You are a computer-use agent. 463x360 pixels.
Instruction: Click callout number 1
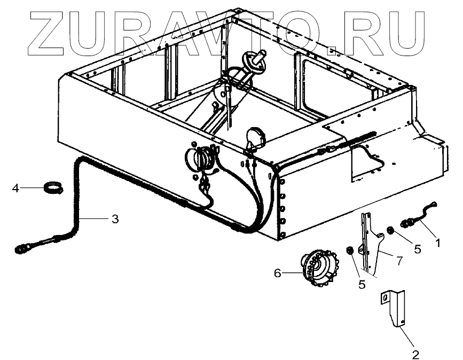437,242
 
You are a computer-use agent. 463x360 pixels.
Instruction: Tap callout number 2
415,353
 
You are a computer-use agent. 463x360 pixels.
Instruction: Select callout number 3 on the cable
116,219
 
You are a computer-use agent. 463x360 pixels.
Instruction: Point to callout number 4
15,188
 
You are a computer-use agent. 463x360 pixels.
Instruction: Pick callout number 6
277,273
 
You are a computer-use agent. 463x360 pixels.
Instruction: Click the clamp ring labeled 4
53,187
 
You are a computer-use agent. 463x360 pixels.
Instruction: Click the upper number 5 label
417,249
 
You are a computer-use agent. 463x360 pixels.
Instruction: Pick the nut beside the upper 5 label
389,231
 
